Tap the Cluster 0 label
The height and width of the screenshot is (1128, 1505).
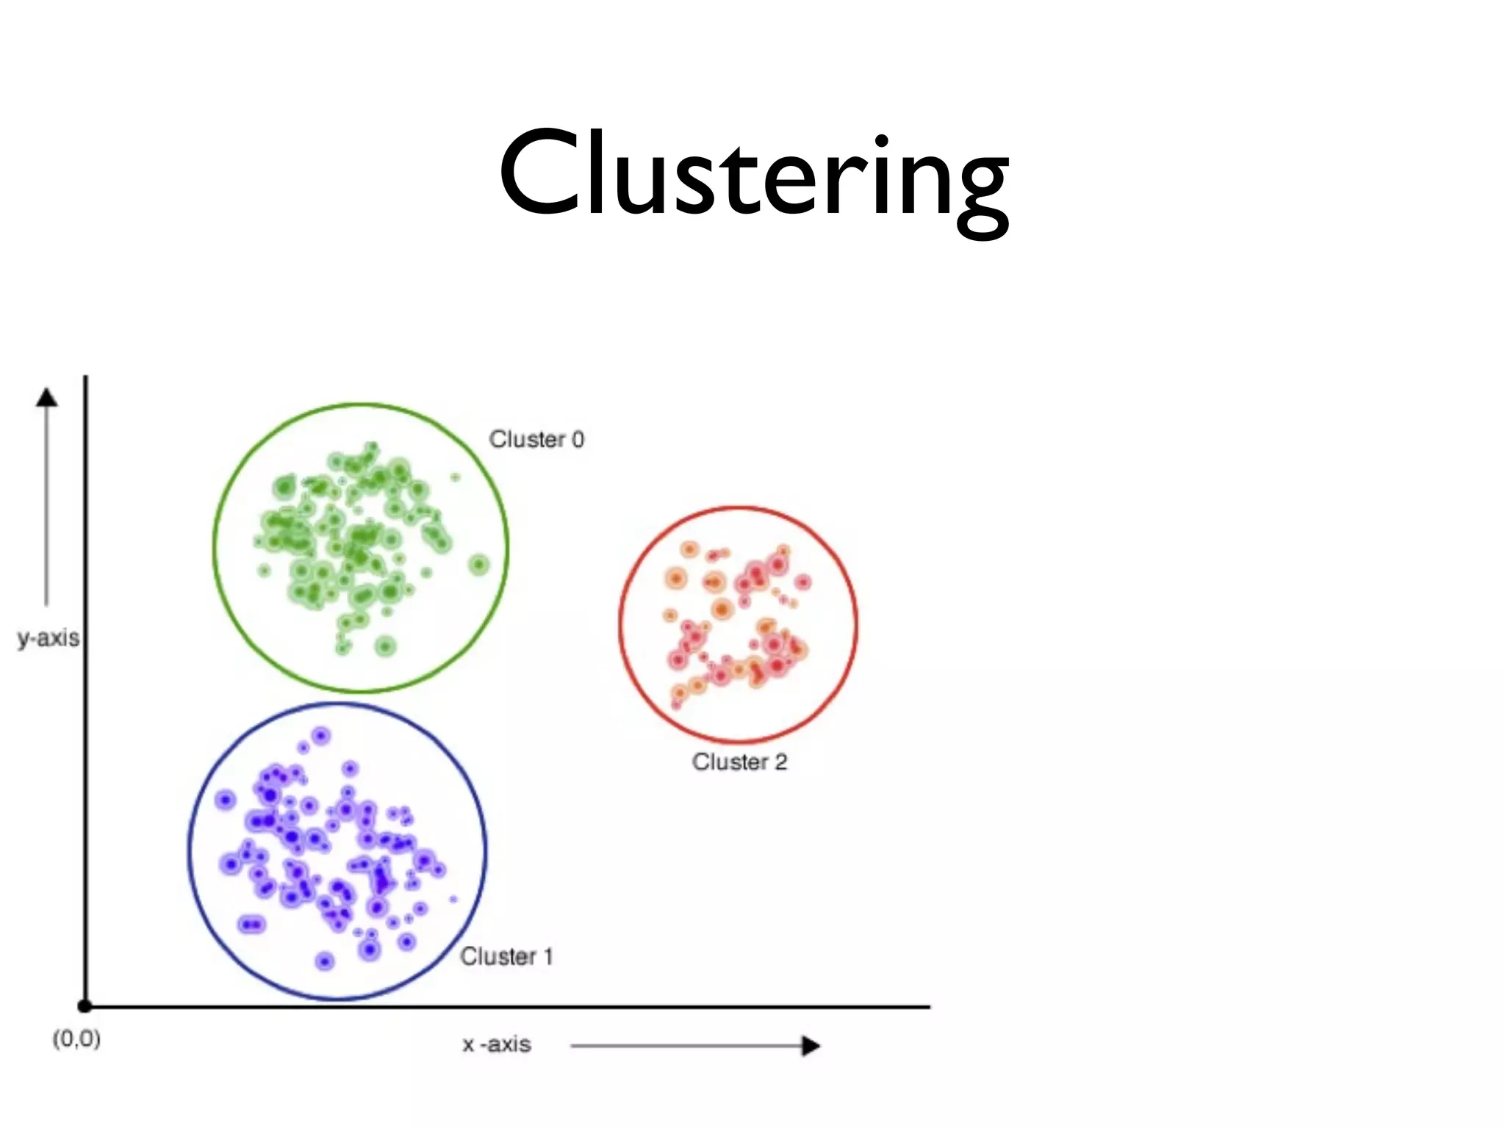coord(536,439)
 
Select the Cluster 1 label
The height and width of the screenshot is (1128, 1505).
coord(506,956)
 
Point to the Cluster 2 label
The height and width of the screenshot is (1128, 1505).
coord(739,762)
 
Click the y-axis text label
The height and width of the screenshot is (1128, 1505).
coord(49,637)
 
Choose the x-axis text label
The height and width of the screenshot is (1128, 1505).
coord(497,1044)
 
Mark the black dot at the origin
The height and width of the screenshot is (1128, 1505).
coord(85,1006)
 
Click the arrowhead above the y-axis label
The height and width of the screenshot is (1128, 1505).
coord(47,397)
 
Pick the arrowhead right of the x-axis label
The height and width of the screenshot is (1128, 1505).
coord(810,1046)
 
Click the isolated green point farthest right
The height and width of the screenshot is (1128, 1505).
coord(479,565)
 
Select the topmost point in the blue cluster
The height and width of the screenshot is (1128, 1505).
coord(321,735)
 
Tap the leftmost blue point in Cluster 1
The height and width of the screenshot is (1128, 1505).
coord(225,800)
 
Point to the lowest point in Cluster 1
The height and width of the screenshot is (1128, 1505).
coord(325,961)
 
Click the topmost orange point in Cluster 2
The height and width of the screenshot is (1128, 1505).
coord(689,549)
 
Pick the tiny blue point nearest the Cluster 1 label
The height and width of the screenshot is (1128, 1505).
coord(453,899)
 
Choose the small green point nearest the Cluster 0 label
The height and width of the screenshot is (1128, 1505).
coord(456,477)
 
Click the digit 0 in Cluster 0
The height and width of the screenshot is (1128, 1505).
coord(578,439)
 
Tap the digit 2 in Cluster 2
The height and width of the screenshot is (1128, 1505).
coord(780,762)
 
